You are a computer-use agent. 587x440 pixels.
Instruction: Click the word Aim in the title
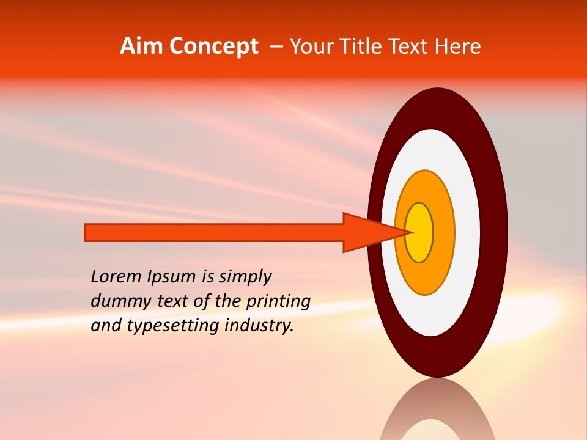tap(142, 46)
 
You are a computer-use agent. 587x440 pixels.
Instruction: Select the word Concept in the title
tap(214, 46)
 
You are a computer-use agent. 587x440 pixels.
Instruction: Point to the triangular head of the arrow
tap(367, 232)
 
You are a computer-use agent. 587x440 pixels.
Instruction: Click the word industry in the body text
tap(259, 326)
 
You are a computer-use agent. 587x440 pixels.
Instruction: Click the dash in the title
tap(276, 46)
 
